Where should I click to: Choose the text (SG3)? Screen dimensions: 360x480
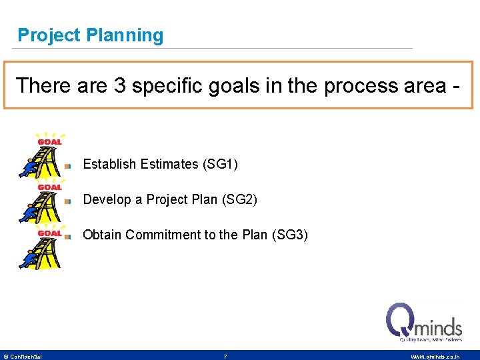coord(291,235)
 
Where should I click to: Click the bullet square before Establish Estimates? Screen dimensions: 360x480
coord(68,165)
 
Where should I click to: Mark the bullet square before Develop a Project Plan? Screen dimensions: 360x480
coord(68,201)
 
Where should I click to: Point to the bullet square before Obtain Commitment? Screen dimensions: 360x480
coord(68,236)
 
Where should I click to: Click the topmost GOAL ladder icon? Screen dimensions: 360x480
coord(42,155)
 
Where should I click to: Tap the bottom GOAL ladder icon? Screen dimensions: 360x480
coord(42,247)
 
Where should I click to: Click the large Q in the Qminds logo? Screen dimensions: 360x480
coord(401,320)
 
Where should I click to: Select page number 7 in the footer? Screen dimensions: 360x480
coord(225,357)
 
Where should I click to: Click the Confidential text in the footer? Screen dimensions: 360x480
coord(25,357)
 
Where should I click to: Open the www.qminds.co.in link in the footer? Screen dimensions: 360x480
coord(434,357)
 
